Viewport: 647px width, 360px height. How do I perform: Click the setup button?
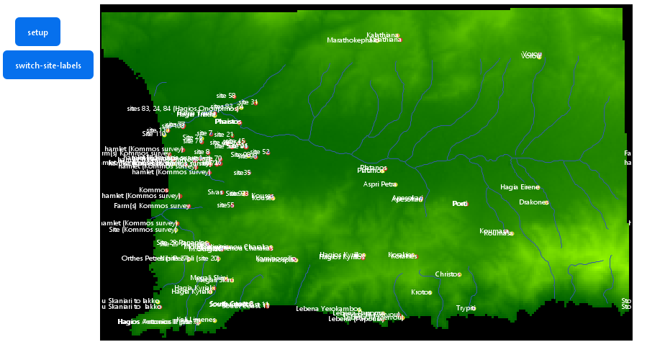(x=37, y=32)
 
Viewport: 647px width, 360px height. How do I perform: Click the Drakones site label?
(x=533, y=202)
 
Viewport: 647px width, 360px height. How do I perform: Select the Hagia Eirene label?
(x=518, y=187)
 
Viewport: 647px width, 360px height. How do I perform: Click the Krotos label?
(x=420, y=292)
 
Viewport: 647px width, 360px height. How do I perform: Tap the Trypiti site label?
(x=464, y=308)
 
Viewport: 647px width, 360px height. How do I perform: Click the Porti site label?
(x=459, y=204)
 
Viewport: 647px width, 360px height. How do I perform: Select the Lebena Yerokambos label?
(x=327, y=309)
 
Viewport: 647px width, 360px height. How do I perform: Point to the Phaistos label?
(x=226, y=122)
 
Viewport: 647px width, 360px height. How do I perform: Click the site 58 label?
(x=225, y=96)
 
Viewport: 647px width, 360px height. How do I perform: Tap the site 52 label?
(x=259, y=152)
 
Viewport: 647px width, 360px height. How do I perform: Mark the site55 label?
(x=225, y=205)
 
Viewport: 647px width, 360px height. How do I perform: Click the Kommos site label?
(x=153, y=190)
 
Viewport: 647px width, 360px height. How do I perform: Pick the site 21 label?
(x=224, y=135)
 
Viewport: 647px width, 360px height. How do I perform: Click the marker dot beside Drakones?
(x=547, y=203)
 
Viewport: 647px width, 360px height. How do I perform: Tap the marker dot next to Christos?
(x=459, y=275)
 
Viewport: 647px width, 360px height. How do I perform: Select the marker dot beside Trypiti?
(x=475, y=309)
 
